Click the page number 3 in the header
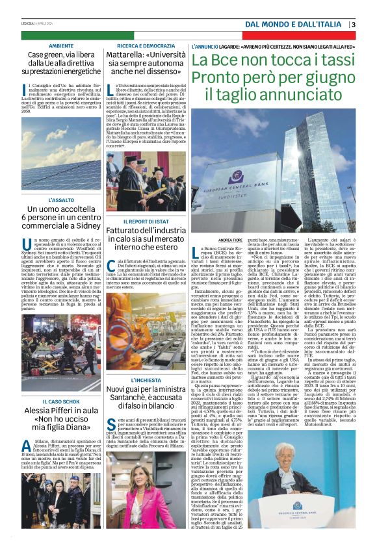354,25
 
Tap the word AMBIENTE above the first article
60,45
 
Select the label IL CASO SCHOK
60,385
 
